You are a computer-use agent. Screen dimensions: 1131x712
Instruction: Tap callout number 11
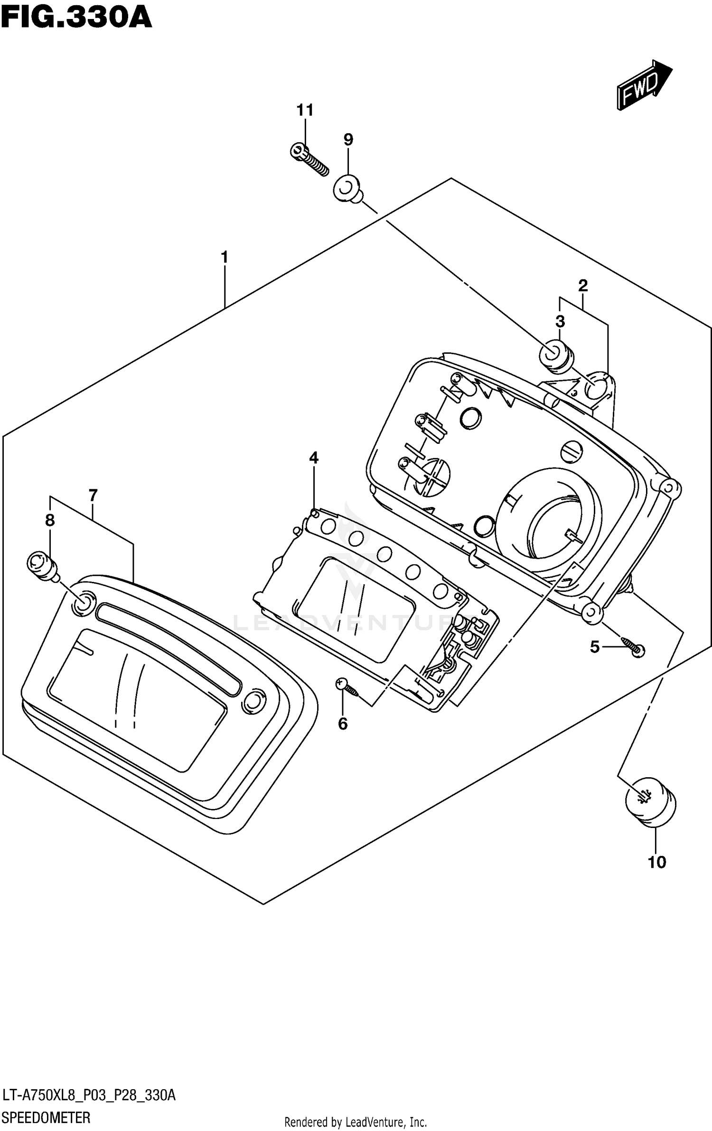pos(305,110)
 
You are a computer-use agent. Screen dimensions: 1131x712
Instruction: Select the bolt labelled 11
pos(309,159)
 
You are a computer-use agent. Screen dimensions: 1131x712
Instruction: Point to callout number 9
pos(348,139)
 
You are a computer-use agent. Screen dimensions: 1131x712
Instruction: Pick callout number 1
pos(225,257)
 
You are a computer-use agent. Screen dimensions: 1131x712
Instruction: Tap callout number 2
pos(583,285)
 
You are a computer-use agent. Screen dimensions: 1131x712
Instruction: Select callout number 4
pos(313,458)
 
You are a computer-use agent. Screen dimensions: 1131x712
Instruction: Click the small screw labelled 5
pos(632,647)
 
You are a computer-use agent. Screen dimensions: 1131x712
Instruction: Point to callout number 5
pos(595,646)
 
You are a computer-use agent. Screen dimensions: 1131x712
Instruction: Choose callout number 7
pos(93,496)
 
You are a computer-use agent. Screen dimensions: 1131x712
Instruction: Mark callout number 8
pos(50,521)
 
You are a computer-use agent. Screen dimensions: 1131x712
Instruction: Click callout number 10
pos(657,862)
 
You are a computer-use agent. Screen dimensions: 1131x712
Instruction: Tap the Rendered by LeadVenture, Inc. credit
pos(356,1118)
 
